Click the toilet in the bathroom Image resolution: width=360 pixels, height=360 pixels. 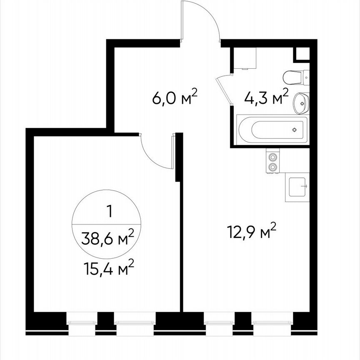click(295, 77)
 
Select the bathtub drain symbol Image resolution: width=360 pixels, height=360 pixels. click(295, 130)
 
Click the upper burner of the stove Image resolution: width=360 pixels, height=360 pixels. click(272, 157)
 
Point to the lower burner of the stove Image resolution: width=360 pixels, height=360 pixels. click(272, 167)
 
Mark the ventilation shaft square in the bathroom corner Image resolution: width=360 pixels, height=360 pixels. click(302, 54)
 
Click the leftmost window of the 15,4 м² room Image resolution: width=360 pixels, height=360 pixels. click(82, 321)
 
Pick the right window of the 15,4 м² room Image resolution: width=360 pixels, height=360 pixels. click(135, 321)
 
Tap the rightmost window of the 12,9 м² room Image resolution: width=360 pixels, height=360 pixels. click(272, 321)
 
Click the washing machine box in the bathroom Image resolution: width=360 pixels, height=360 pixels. click(243, 58)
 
